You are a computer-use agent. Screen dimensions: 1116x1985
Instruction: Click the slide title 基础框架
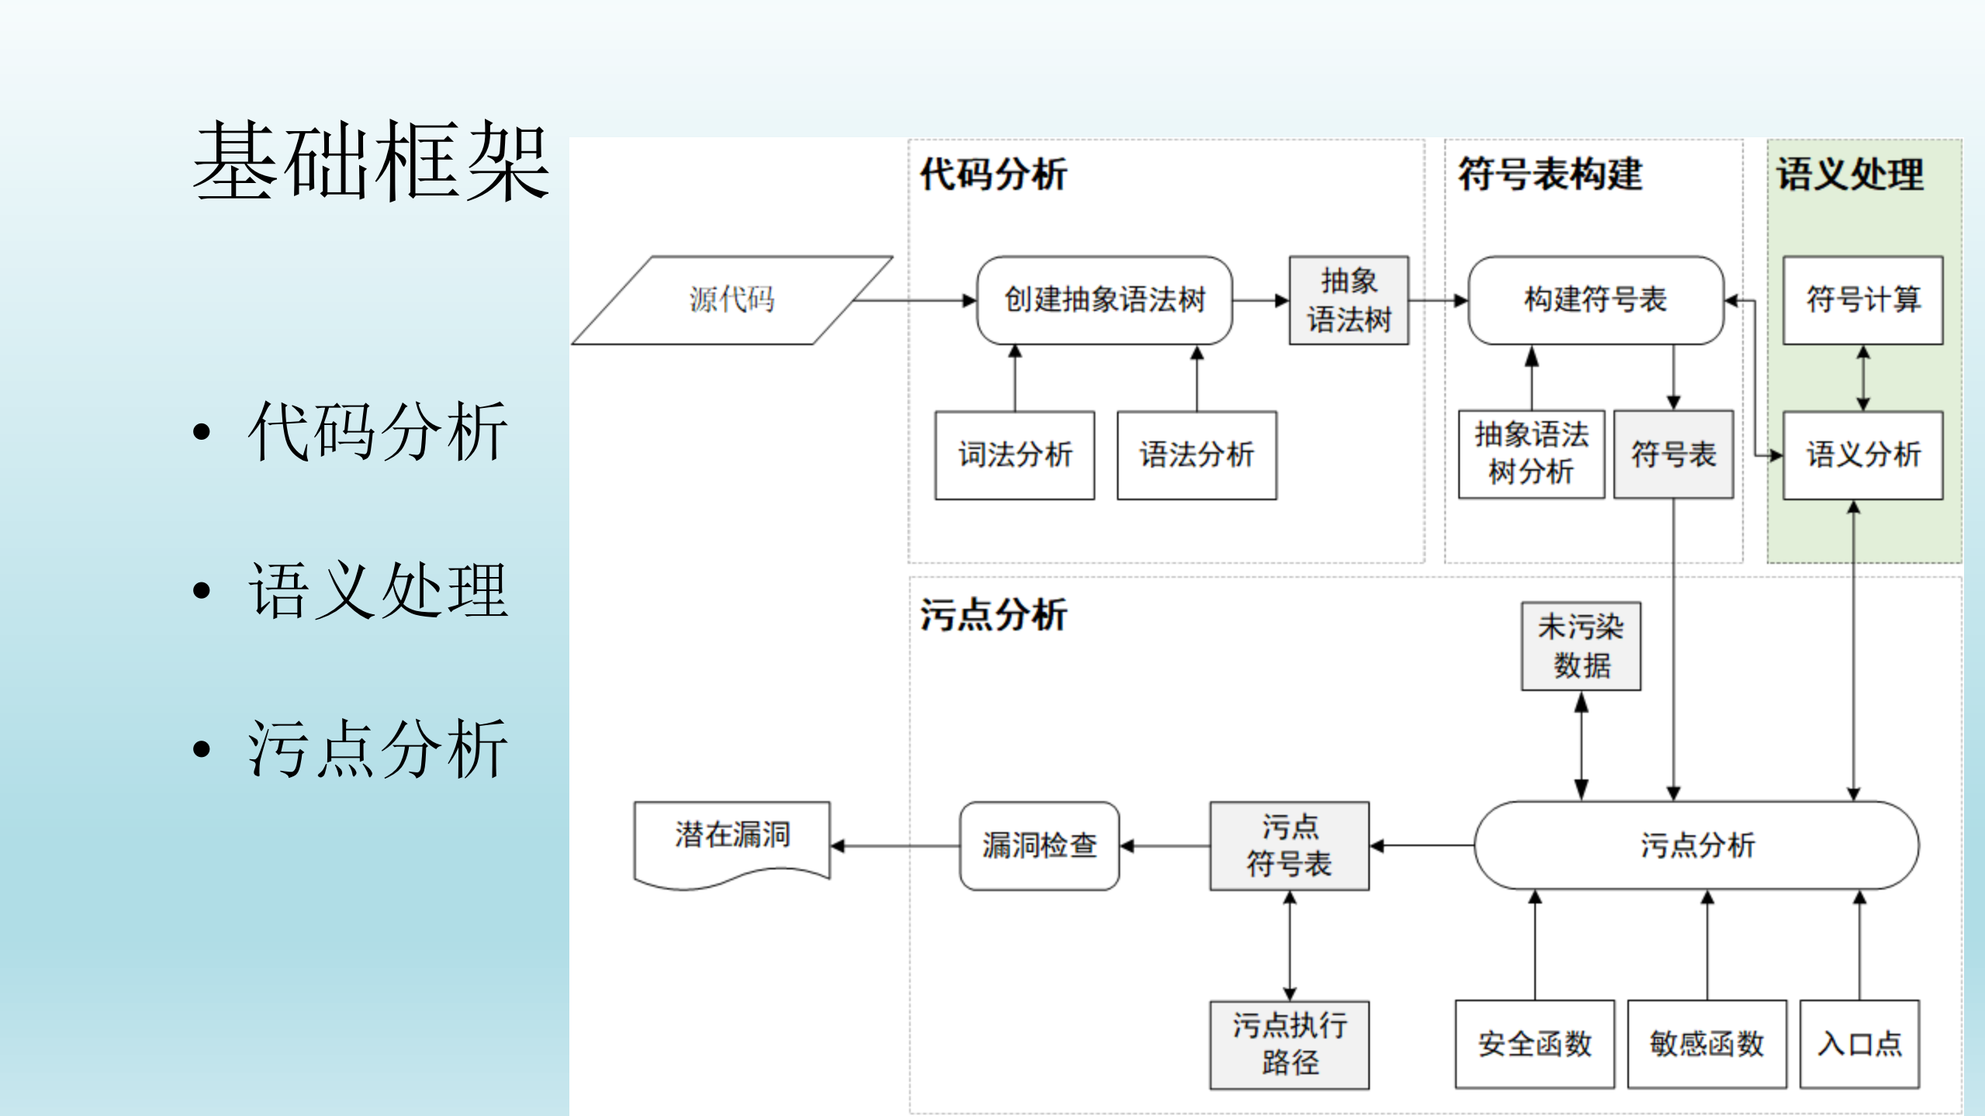tap(371, 161)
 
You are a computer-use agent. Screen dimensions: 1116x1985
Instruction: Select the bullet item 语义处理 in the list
tap(377, 591)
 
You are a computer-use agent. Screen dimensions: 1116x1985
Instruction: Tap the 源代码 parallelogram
tap(731, 299)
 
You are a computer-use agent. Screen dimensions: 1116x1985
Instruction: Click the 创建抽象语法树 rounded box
tap(1104, 300)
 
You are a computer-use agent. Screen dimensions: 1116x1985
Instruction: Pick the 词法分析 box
tap(1015, 455)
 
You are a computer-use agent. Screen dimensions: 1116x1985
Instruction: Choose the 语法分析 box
tap(1196, 455)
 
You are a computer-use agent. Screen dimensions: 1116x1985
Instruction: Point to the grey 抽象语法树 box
tap(1348, 300)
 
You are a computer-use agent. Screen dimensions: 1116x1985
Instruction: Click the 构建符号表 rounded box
tap(1596, 300)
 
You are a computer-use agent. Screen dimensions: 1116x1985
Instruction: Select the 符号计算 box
tap(1862, 300)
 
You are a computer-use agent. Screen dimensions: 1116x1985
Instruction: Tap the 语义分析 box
tap(1862, 455)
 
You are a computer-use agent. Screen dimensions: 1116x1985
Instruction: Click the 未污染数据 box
tap(1581, 646)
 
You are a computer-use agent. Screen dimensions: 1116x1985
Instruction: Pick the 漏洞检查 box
tap(1039, 845)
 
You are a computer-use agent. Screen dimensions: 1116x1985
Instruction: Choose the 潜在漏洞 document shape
tap(731, 838)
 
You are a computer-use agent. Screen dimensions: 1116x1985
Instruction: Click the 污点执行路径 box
tap(1289, 1044)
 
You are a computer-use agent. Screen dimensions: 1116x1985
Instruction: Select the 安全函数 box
tap(1534, 1044)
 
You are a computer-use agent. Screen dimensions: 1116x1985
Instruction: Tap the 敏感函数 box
tap(1707, 1044)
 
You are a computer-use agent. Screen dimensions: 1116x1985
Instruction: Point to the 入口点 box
tap(1859, 1044)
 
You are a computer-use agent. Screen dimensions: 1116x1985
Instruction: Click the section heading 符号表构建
tap(1550, 174)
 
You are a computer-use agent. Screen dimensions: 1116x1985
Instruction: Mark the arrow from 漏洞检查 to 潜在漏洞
tap(895, 846)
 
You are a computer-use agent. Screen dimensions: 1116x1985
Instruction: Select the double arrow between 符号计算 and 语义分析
tap(1863, 378)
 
